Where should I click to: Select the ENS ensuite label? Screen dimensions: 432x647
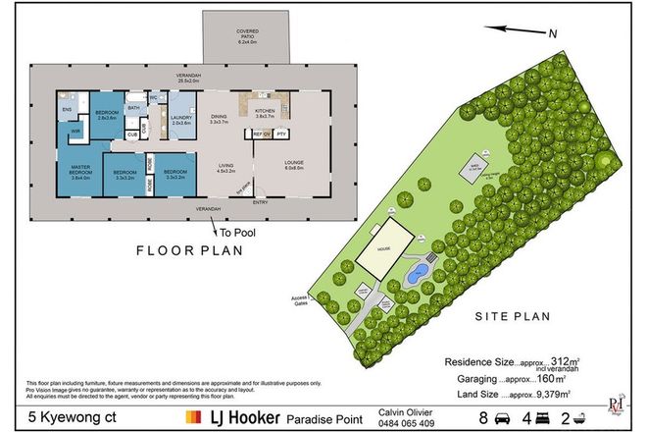(x=66, y=110)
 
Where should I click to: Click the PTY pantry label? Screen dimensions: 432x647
(x=280, y=133)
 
